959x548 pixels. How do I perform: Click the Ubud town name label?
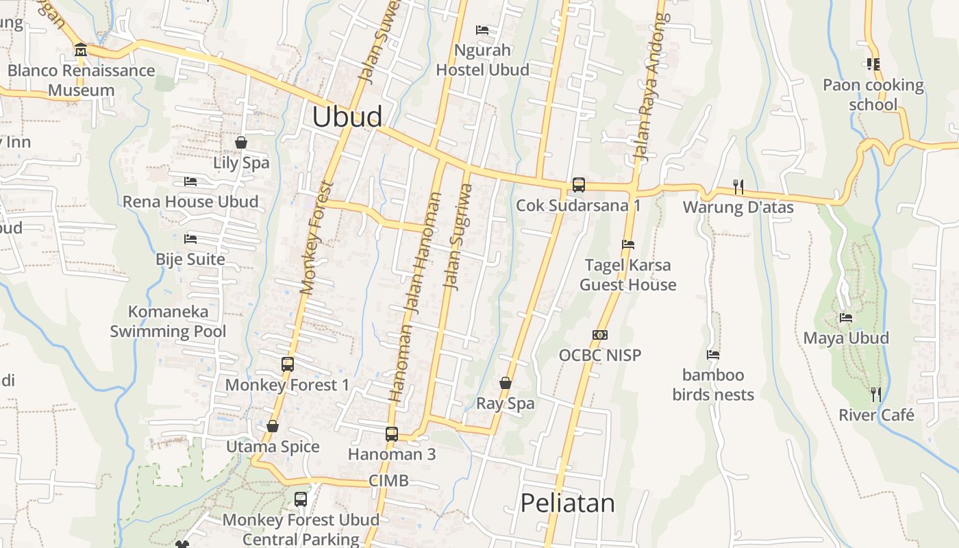[347, 116]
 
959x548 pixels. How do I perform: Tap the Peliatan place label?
[568, 503]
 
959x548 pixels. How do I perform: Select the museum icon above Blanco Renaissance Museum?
[81, 50]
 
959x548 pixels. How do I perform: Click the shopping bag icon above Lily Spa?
[241, 142]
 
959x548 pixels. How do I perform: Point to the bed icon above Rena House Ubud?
[190, 182]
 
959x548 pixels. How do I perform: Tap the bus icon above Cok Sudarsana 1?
[579, 185]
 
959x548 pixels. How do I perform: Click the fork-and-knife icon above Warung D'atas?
[738, 186]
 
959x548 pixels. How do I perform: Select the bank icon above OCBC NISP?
[600, 335]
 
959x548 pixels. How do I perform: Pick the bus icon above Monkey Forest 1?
[288, 364]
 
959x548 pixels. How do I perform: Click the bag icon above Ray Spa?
[506, 383]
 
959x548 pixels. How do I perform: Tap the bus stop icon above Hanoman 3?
[392, 434]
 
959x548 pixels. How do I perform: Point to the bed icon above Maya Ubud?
[846, 318]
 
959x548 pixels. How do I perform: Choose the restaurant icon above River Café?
[876, 395]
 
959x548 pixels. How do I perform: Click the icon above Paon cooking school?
[873, 64]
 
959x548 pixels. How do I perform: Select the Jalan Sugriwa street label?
[459, 236]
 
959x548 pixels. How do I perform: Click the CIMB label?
[388, 481]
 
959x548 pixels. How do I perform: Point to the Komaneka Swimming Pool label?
[168, 322]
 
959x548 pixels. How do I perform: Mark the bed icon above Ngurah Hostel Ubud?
[482, 30]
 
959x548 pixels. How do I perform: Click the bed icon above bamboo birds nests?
[713, 355]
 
